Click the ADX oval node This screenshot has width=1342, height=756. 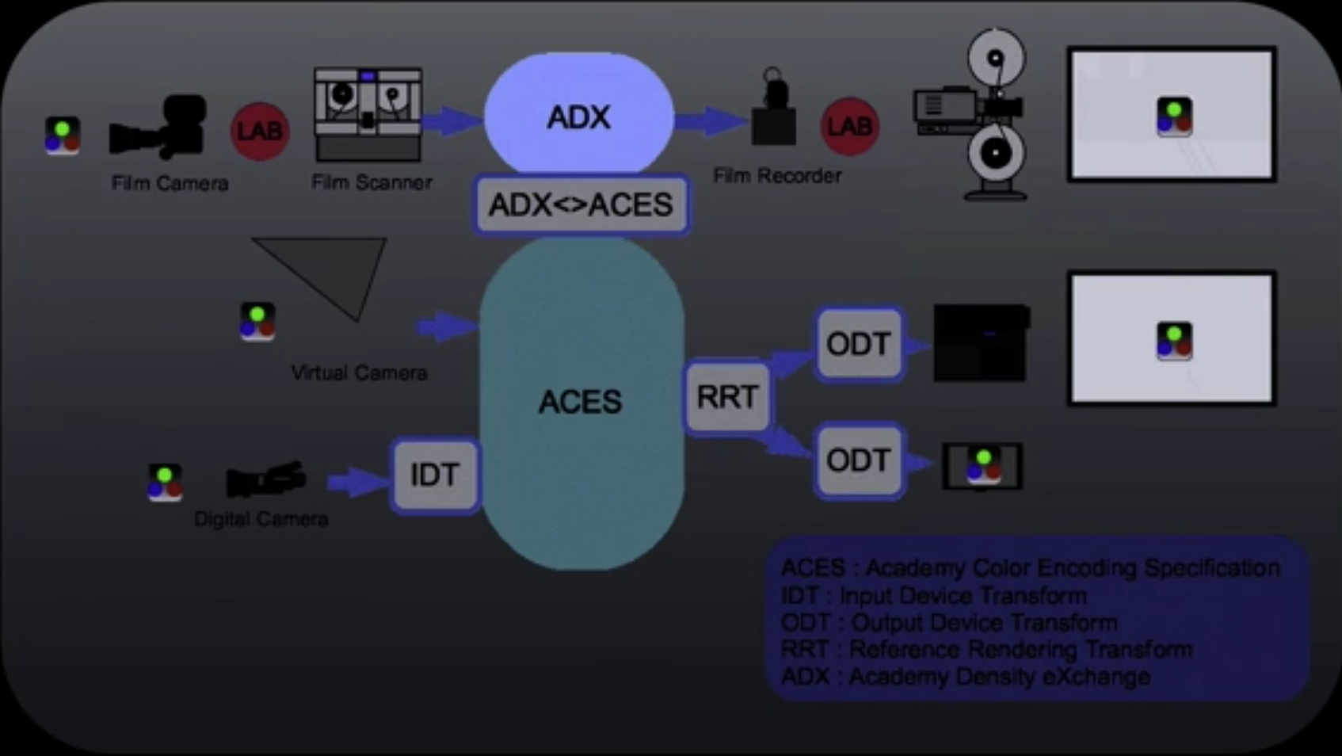579,116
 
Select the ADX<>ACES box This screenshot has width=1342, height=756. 581,204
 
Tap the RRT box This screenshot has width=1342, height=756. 726,397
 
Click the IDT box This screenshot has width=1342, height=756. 434,475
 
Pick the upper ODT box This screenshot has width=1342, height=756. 858,344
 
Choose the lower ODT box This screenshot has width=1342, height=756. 858,460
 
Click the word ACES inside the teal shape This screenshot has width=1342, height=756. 580,402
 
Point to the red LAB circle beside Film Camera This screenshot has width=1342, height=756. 260,131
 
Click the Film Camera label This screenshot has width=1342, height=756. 170,183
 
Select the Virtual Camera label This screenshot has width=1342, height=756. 358,372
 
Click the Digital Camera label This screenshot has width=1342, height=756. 261,519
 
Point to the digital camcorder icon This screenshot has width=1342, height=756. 265,479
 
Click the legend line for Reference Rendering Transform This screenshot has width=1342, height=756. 986,650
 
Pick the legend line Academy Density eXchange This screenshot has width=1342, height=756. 965,677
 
